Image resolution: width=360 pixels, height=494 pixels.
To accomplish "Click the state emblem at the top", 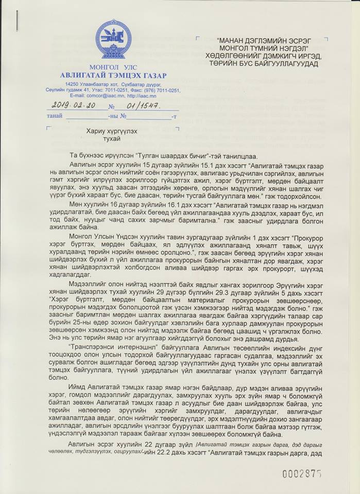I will [x=113, y=39].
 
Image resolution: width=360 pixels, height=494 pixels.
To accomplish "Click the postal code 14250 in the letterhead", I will [x=72, y=84].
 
